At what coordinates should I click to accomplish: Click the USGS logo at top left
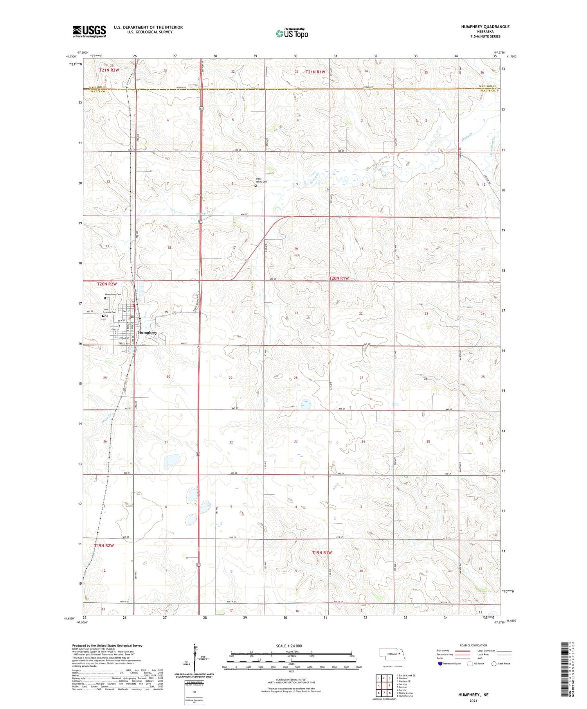pos(89,31)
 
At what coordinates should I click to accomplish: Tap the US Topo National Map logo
pos(292,34)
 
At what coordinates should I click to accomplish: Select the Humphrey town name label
pos(148,332)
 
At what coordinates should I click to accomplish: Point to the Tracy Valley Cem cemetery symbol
pos(256,186)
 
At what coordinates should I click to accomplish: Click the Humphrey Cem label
pos(113,294)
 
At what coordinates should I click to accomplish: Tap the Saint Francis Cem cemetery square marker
pos(103,316)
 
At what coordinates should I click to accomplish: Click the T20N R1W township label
pos(339,278)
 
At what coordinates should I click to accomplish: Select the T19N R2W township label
pos(104,545)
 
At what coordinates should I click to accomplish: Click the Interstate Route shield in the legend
pos(440,664)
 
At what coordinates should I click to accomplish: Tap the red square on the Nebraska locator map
pos(400,653)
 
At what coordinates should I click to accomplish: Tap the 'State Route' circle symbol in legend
pos(494,664)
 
